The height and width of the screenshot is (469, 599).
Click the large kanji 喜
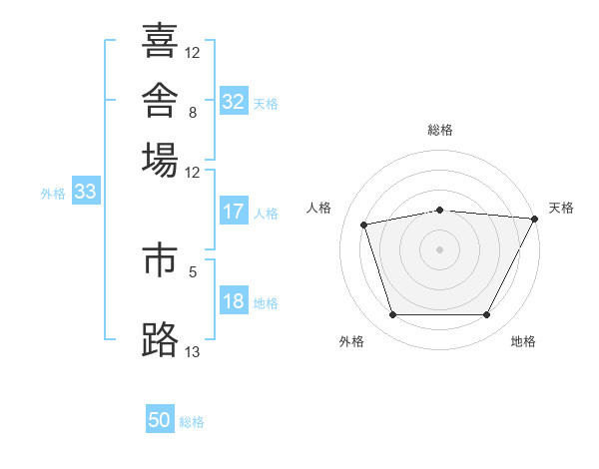click(x=160, y=40)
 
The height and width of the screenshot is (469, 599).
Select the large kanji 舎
click(x=160, y=100)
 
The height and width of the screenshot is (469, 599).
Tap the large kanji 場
click(x=160, y=160)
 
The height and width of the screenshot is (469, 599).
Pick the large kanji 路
click(x=160, y=339)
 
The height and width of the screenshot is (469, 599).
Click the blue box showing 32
click(x=234, y=101)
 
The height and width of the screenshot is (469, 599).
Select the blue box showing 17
click(x=234, y=211)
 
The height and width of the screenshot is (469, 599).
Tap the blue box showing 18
click(x=234, y=299)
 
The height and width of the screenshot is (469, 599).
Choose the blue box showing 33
click(x=86, y=191)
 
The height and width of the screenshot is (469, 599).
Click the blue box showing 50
click(x=160, y=418)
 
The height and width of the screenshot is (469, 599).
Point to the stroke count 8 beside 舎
click(x=193, y=113)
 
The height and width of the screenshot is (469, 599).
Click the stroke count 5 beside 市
click(x=193, y=272)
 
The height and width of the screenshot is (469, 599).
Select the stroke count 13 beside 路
click(x=192, y=351)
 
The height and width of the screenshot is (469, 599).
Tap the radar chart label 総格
click(x=440, y=130)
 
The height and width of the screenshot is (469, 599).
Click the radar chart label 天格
click(x=561, y=208)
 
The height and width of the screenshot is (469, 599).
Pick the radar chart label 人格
click(x=318, y=208)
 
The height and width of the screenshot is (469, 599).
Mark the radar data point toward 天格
click(x=534, y=219)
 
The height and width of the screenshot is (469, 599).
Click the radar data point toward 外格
click(x=393, y=314)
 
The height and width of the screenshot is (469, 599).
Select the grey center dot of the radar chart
click(x=439, y=249)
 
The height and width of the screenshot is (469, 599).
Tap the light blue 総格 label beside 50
click(x=192, y=422)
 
